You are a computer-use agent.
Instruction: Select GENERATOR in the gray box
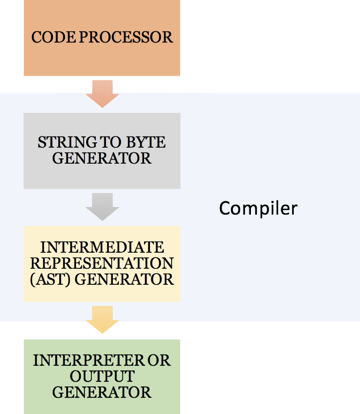click(x=102, y=158)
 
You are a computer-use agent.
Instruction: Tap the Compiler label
click(x=258, y=208)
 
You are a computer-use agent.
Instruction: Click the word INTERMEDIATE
click(x=102, y=247)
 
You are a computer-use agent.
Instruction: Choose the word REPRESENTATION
click(x=102, y=263)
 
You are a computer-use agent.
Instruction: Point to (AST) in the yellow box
click(x=51, y=279)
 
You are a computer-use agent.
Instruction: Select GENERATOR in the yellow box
click(x=124, y=279)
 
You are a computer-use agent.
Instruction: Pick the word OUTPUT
click(x=102, y=376)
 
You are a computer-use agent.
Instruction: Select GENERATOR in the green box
click(x=102, y=392)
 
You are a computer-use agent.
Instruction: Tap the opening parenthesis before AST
click(x=32, y=279)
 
